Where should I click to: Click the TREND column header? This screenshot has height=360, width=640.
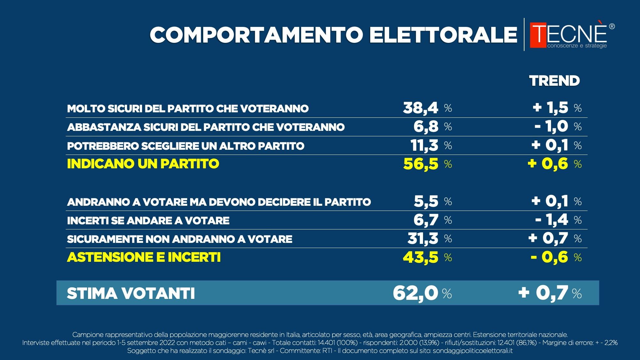point(554,81)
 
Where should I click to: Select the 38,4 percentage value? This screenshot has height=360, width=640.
point(420,108)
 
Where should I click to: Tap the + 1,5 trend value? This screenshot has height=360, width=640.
point(551,108)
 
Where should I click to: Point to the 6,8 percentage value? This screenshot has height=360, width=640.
point(426,126)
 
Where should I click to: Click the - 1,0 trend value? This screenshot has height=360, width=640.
point(551,126)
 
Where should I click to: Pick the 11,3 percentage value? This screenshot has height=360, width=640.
point(424,145)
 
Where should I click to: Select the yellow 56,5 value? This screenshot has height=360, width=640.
point(420,164)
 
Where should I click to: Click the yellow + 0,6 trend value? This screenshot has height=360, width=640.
point(548,164)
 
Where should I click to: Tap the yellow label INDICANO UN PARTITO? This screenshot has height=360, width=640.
point(143,164)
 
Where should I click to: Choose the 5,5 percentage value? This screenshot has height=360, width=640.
point(426,201)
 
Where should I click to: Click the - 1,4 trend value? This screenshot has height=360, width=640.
point(552,220)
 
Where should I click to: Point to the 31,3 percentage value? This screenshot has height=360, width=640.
point(423,238)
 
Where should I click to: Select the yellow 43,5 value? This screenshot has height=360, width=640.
point(420,257)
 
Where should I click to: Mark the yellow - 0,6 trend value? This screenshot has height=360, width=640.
point(549,257)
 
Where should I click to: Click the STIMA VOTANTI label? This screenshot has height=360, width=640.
point(131,293)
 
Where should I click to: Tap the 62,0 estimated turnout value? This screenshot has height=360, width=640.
point(415,293)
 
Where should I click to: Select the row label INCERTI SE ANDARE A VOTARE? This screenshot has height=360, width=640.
point(148,220)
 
